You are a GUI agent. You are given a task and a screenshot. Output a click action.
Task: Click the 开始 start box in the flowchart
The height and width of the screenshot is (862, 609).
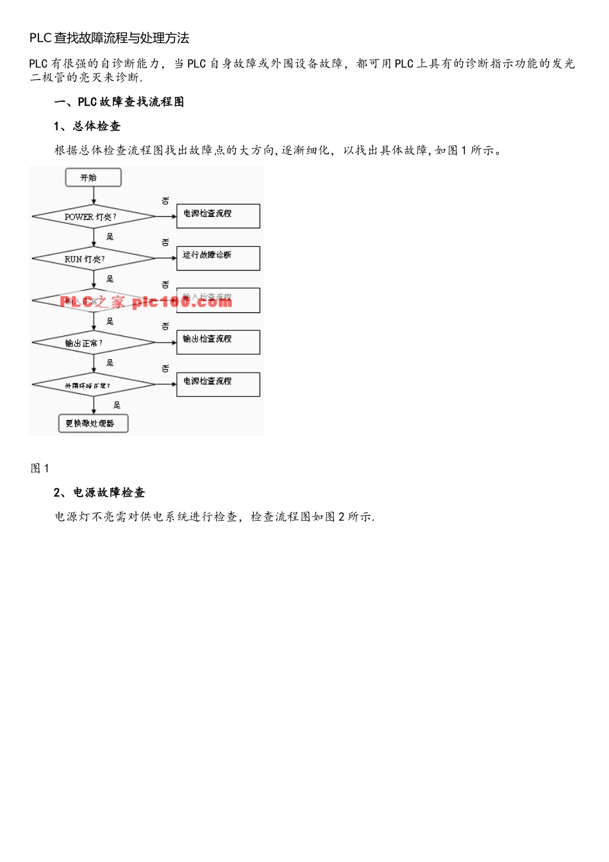(x=93, y=178)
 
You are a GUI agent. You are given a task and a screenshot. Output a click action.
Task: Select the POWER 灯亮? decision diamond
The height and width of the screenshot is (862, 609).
(x=94, y=217)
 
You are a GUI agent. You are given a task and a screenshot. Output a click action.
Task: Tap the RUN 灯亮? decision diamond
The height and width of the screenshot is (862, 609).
(x=94, y=259)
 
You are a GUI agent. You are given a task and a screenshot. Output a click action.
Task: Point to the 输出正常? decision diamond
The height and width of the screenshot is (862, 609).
(x=94, y=343)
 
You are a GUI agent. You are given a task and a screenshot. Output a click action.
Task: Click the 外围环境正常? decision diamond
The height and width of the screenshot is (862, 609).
(x=94, y=385)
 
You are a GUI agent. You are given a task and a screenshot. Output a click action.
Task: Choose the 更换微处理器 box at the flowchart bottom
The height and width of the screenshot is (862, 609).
(x=94, y=423)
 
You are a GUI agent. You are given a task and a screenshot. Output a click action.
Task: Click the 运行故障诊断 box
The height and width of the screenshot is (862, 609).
(x=218, y=258)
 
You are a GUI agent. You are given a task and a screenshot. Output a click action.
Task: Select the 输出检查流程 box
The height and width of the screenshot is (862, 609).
(x=218, y=342)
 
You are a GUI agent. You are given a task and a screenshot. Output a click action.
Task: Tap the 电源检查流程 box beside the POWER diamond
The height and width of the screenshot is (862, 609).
(x=218, y=216)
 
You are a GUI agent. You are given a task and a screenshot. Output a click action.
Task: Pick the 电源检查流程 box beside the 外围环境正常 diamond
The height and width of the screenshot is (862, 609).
(x=218, y=384)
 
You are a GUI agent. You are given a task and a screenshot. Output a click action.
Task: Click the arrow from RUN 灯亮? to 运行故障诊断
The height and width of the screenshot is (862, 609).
(x=166, y=258)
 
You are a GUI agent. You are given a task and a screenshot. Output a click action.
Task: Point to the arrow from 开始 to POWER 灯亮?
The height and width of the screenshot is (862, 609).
(x=94, y=197)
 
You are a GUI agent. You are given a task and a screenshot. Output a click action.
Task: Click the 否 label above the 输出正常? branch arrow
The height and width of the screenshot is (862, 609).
(x=165, y=326)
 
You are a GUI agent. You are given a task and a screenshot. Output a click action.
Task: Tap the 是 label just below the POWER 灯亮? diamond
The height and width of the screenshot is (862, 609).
(x=110, y=237)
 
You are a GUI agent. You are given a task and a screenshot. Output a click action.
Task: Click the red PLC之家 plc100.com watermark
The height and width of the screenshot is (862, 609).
(x=146, y=301)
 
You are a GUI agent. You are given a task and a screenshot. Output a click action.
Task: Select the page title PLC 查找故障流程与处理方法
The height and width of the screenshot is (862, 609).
(x=109, y=38)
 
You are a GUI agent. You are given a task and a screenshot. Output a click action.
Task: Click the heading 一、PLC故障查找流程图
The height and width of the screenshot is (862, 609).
(x=119, y=102)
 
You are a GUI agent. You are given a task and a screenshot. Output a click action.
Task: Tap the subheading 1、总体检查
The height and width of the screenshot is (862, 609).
(x=87, y=126)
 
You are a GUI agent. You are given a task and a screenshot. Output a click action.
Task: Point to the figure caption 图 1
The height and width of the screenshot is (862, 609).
(x=40, y=468)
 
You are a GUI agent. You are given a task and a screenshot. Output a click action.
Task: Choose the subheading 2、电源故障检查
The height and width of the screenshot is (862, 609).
(x=99, y=493)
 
